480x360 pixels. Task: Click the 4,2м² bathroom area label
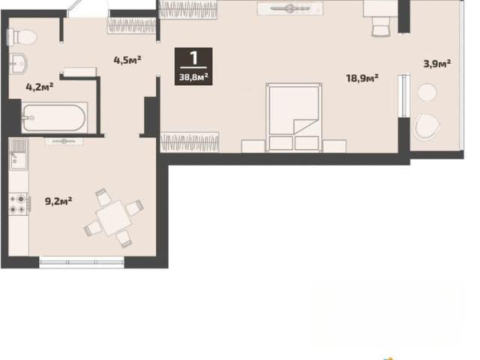click(40, 87)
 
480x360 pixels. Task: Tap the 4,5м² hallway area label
click(127, 60)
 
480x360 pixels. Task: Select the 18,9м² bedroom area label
click(362, 78)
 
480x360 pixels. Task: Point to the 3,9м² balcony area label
click(436, 64)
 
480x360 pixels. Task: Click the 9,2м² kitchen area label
click(58, 201)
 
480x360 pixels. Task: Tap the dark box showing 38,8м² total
click(193, 67)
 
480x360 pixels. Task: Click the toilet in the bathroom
click(22, 37)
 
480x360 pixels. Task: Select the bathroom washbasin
click(18, 64)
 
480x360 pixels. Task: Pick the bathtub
click(54, 118)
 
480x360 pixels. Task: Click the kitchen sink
click(19, 154)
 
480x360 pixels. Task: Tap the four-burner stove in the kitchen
click(19, 204)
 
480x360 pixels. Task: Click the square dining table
click(113, 217)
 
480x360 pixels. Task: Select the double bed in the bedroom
click(294, 118)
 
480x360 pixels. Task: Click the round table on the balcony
click(427, 92)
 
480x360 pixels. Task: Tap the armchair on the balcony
click(427, 127)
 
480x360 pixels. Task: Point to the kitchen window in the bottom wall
click(82, 262)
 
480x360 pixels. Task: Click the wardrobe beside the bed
click(190, 142)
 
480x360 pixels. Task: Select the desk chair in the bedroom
click(381, 27)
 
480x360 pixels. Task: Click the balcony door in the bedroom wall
click(403, 96)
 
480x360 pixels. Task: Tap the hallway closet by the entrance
click(132, 25)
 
